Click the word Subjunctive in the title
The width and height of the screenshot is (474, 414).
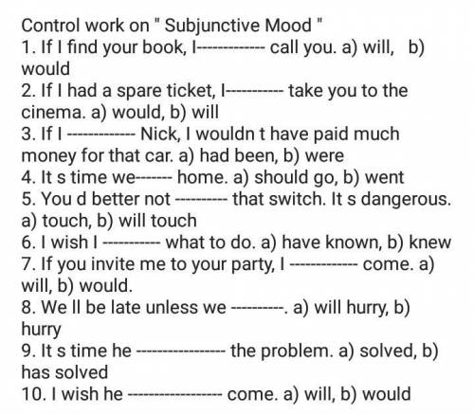[x=212, y=27]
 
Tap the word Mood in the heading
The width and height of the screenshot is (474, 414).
[x=288, y=26]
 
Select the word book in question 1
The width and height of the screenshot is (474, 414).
[x=163, y=47]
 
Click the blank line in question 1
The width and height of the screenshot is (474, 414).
[x=231, y=48]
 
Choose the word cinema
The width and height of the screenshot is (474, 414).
[x=53, y=113]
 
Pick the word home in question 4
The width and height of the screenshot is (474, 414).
[x=203, y=177]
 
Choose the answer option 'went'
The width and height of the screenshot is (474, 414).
[x=384, y=178]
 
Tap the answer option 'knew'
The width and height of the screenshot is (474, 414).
[x=430, y=243]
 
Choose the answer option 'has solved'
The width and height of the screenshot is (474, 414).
[x=64, y=372]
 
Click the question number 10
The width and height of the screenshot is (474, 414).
[x=32, y=394]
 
